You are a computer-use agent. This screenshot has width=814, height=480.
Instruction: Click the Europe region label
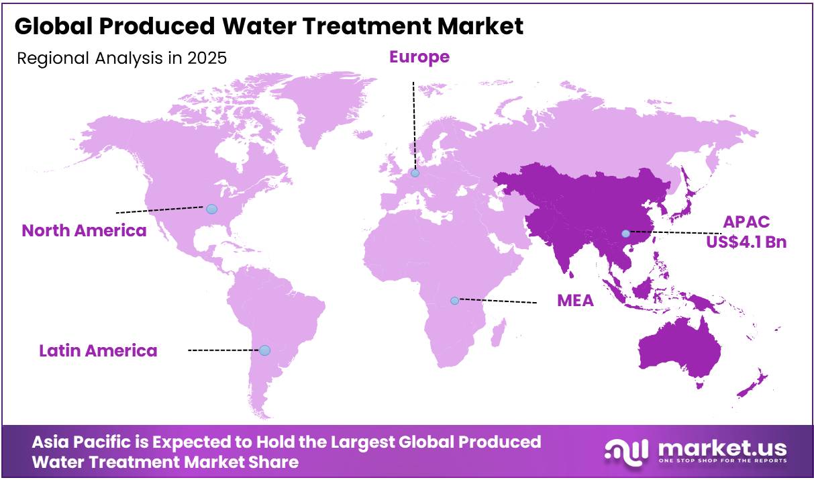coord(419,58)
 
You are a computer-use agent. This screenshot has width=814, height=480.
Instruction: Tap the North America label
coord(84,231)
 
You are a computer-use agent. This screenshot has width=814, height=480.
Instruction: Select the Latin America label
coord(98,350)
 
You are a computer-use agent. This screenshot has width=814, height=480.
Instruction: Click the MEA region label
coord(575,301)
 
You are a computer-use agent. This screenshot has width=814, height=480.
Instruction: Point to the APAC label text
coord(746,222)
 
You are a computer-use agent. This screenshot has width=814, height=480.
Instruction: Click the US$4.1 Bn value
coord(746,242)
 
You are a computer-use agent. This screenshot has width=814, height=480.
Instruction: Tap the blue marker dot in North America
coord(211,209)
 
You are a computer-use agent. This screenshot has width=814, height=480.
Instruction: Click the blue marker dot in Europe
coord(415,173)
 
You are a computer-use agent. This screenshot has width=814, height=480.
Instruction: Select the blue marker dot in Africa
coord(454,300)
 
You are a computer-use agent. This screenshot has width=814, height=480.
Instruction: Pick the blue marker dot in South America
coord(264,350)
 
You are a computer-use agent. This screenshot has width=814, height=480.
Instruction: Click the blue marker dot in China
coord(625,234)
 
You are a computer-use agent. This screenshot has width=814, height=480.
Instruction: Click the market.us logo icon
coord(626,449)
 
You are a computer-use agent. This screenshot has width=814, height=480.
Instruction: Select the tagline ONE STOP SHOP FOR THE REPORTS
coord(722,461)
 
